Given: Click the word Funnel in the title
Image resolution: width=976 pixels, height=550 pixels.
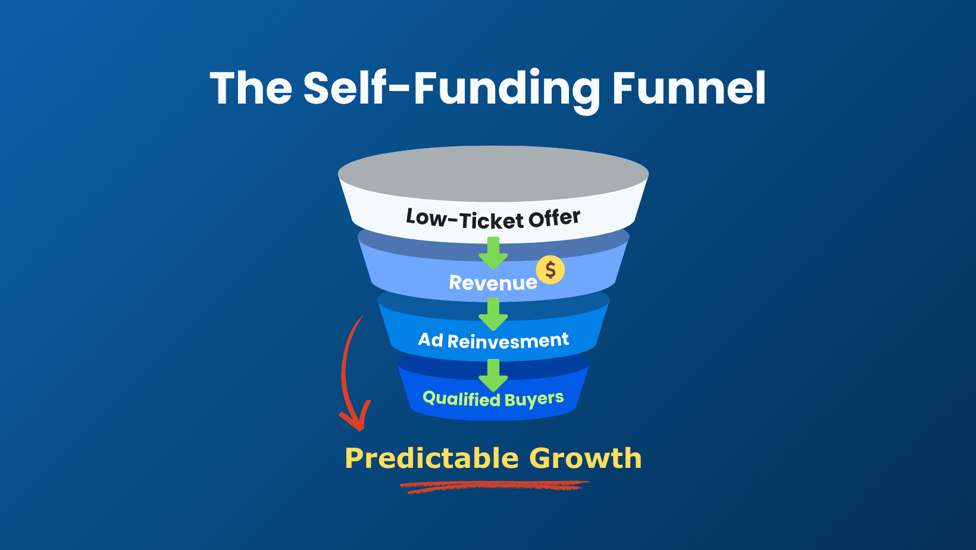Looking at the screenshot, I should (689, 89).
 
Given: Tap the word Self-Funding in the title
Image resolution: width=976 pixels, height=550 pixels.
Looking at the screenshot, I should (452, 89).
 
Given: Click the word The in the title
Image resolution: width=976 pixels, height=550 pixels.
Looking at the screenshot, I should (251, 89).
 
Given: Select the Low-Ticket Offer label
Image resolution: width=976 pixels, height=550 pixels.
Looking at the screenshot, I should (493, 219).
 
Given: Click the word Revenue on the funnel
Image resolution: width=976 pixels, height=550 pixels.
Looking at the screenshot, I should (493, 283).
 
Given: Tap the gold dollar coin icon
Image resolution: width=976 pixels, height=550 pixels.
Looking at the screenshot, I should (550, 270).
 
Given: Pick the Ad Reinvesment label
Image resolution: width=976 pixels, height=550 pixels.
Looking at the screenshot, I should (493, 340).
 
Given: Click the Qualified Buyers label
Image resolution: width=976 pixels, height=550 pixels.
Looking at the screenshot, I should (493, 399).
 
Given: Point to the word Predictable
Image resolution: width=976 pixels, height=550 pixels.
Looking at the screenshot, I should (431, 458).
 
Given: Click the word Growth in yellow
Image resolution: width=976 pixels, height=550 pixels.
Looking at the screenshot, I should (585, 458).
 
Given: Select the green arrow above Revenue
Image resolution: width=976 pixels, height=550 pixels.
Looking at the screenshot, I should (493, 252).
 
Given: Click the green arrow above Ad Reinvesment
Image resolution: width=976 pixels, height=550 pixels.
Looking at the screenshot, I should (493, 314).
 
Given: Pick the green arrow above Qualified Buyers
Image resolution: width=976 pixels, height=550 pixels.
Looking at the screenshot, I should (493, 374).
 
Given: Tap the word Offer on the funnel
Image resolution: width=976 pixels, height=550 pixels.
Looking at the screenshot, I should (554, 218).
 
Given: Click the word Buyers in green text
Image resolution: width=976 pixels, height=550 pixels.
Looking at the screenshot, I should (534, 399).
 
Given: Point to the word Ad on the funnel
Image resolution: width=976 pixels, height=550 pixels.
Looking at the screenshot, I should (430, 340).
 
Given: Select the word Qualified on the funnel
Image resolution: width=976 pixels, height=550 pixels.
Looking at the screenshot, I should (461, 398).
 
